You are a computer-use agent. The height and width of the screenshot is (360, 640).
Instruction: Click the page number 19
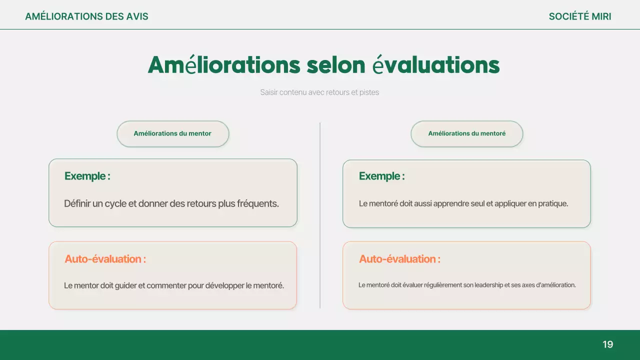(607, 344)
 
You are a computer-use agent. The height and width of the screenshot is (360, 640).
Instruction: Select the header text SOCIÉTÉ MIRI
(579, 16)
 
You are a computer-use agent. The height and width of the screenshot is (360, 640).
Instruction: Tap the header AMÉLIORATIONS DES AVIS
(86, 16)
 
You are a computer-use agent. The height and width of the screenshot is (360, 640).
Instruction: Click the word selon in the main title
(336, 65)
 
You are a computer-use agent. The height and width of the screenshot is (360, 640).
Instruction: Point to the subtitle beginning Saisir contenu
(319, 92)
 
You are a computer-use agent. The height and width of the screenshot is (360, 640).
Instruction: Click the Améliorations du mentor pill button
(172, 133)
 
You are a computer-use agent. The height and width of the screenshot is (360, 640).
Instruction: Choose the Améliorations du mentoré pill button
(466, 133)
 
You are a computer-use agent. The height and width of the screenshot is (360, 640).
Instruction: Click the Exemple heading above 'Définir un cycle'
(87, 176)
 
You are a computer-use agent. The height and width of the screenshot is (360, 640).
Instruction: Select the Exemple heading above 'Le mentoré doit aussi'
(381, 176)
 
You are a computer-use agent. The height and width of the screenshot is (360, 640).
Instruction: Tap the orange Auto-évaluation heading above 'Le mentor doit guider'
(105, 259)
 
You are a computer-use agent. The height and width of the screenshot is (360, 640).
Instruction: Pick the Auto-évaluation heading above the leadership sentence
(399, 259)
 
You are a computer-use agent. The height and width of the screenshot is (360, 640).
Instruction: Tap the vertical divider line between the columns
(320, 215)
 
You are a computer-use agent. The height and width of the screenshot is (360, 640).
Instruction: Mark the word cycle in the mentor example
(115, 204)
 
